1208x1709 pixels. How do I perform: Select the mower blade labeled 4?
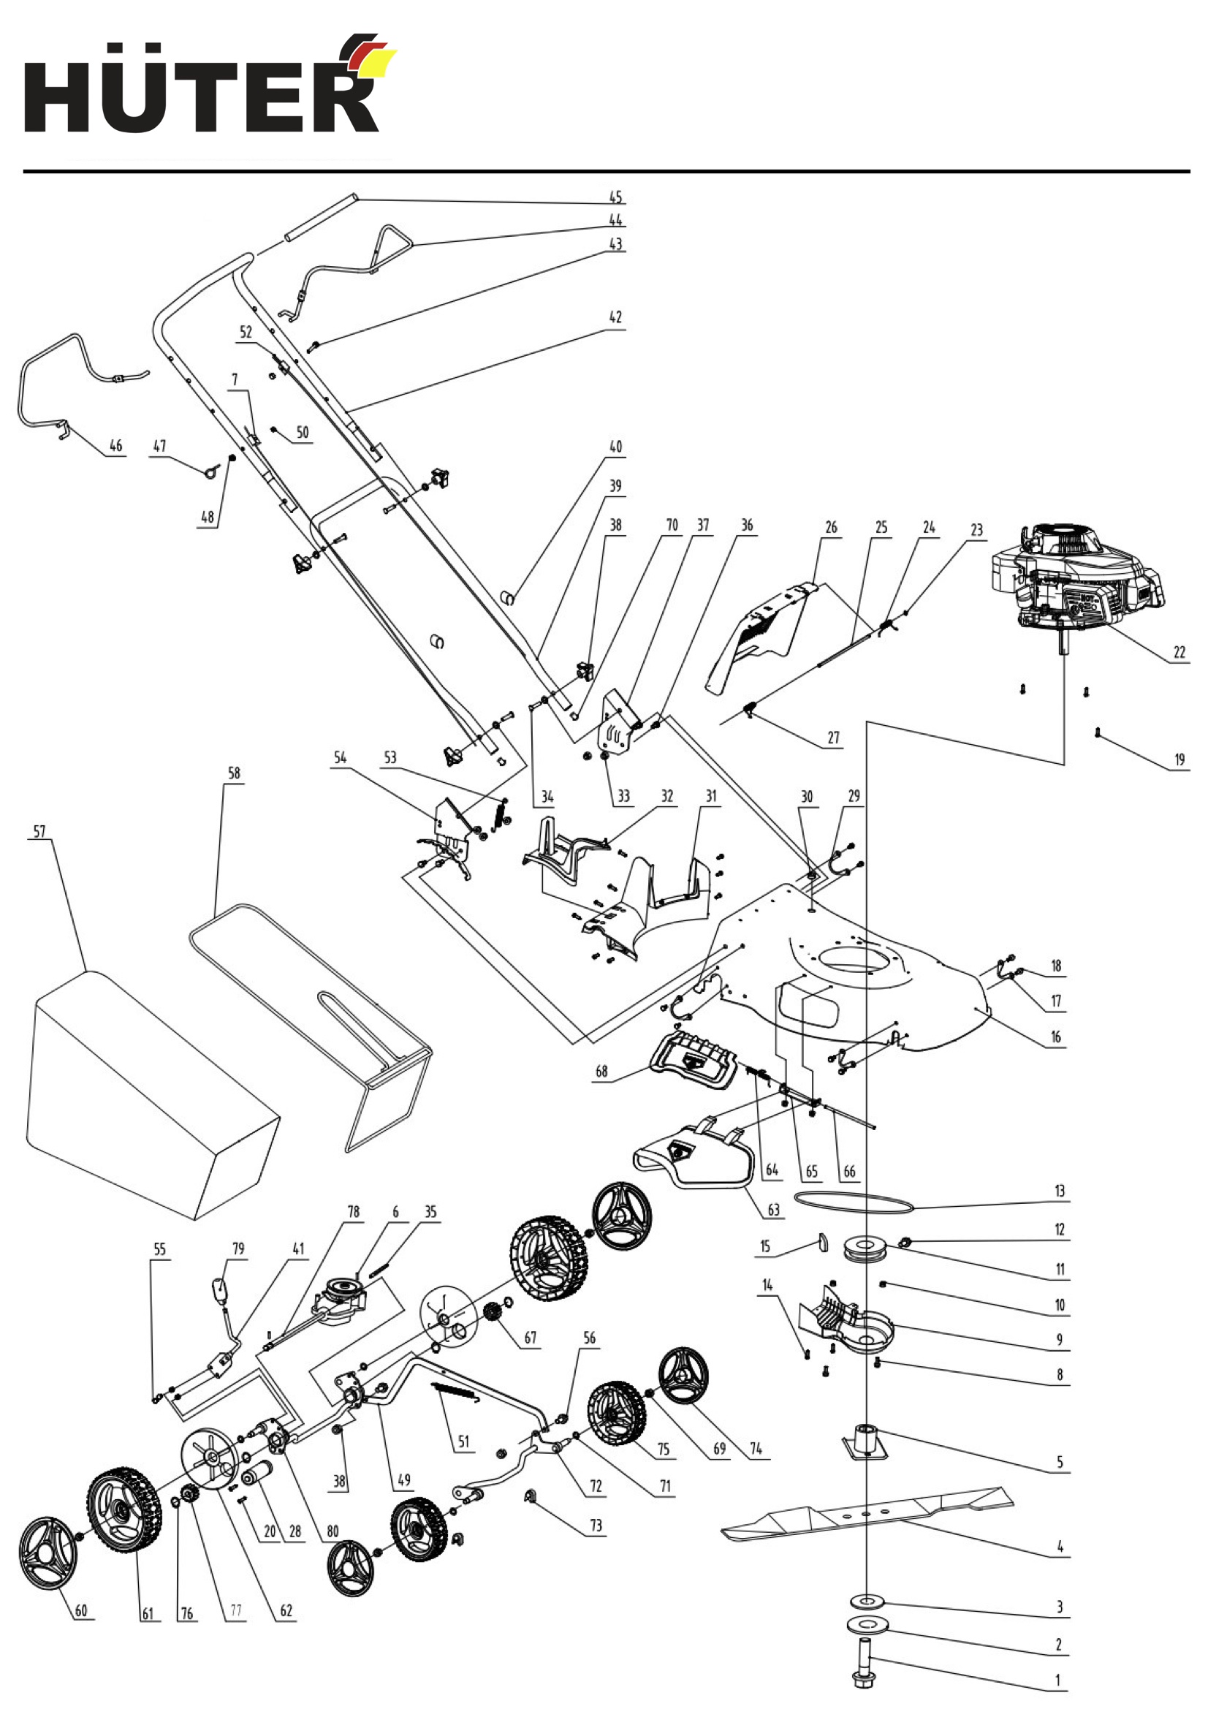point(868,1512)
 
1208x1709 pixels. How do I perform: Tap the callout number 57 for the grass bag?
point(39,832)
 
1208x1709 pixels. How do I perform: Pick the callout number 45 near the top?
point(615,197)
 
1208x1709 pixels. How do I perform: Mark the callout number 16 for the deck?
point(1056,1037)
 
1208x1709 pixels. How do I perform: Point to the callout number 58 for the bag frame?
point(235,773)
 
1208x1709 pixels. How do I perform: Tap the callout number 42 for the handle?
point(615,317)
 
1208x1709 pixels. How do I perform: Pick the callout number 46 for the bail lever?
point(116,445)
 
